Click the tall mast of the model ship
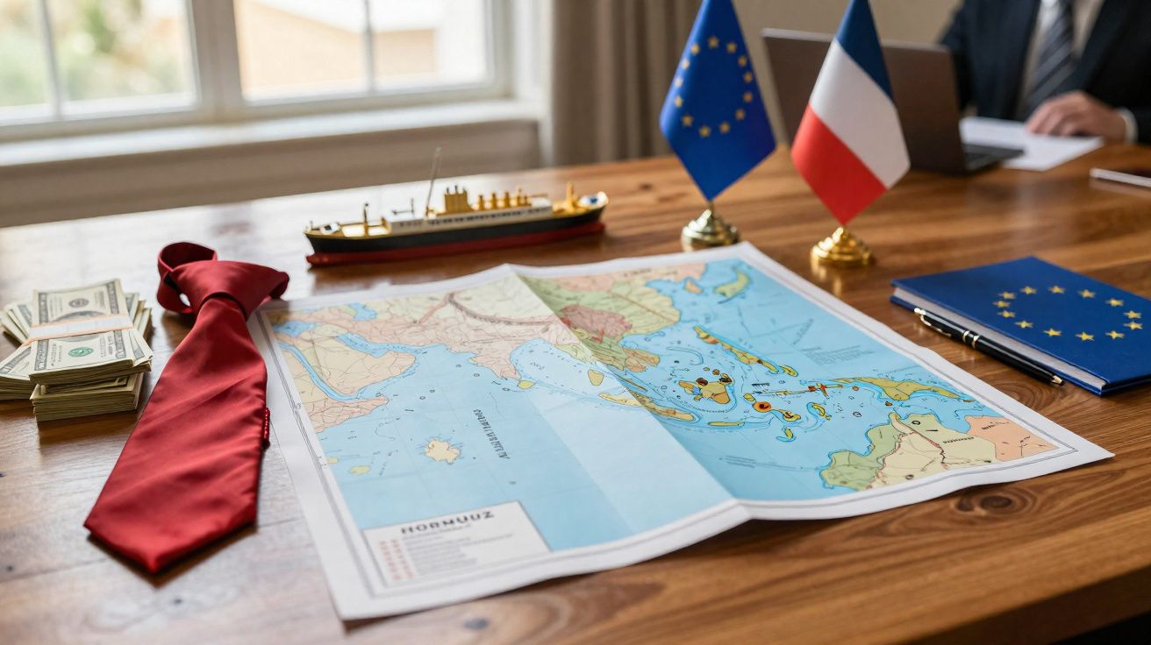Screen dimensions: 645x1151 pyautogui.click(x=433, y=180)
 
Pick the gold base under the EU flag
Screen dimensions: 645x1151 pyautogui.click(x=710, y=230)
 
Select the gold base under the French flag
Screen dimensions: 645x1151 pyautogui.click(x=841, y=249)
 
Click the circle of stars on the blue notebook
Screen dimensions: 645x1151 pyautogui.click(x=1066, y=312)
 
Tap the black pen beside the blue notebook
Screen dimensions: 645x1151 pyautogui.click(x=987, y=346)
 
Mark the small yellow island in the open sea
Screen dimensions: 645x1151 pyautogui.click(x=441, y=450)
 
